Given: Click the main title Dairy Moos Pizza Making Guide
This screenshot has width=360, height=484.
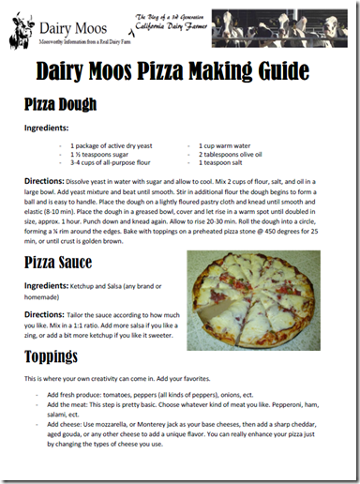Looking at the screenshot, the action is (x=179, y=69).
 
